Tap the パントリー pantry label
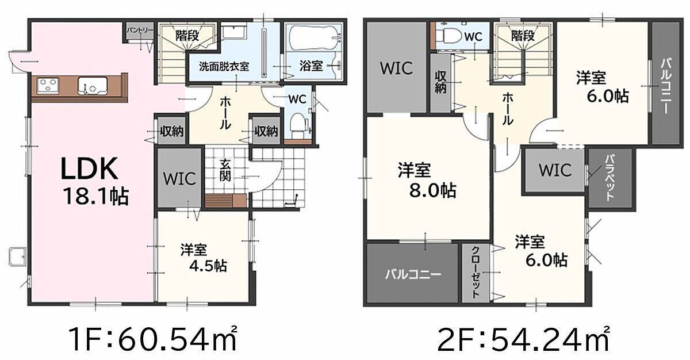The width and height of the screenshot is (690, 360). (140, 30)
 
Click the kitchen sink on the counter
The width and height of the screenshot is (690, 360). (93, 86)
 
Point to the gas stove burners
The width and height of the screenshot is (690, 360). (48, 85)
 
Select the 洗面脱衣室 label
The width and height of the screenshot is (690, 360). (224, 66)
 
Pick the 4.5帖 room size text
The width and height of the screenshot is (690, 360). (208, 266)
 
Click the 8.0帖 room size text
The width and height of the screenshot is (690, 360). (433, 190)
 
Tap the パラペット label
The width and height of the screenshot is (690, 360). (610, 178)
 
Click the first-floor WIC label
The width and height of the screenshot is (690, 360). (179, 179)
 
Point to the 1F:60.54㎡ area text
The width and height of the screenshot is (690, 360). (153, 340)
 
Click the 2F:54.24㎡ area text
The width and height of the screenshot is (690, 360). (523, 340)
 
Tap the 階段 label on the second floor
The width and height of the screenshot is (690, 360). (523, 36)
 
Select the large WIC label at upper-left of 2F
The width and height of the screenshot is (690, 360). (396, 68)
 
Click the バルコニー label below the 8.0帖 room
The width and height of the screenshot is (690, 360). (413, 274)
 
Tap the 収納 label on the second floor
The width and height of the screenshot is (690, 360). (440, 83)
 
